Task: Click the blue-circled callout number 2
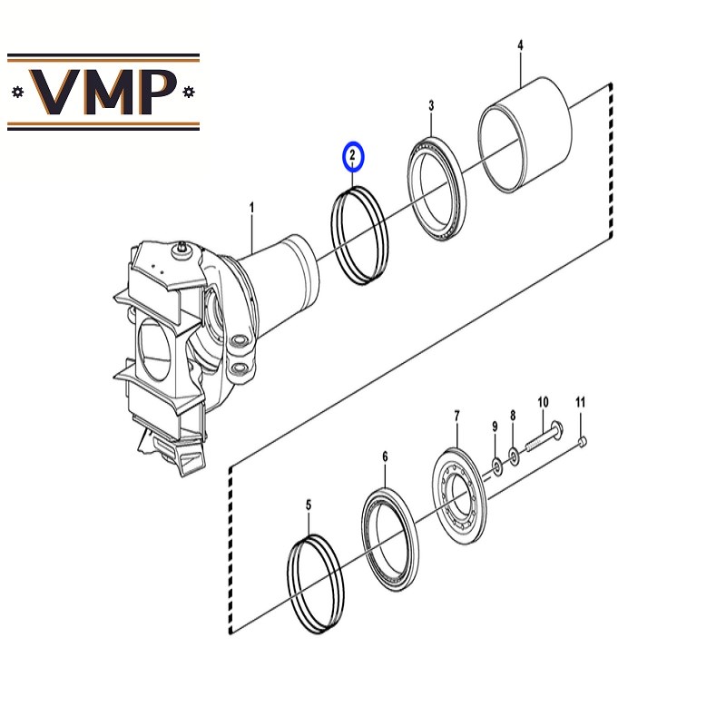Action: tap(353, 155)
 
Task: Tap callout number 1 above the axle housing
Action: tap(252, 208)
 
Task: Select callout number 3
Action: tap(432, 105)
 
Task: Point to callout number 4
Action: tap(520, 45)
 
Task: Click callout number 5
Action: tap(309, 505)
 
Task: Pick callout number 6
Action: tap(385, 457)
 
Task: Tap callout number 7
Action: tap(457, 417)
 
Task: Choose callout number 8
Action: tap(513, 416)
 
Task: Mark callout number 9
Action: tap(495, 427)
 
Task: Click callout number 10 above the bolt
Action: tap(543, 402)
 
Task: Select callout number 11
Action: tap(580, 402)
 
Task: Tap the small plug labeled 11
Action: tap(583, 441)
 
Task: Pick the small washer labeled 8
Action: tap(514, 456)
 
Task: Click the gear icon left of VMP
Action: tap(17, 92)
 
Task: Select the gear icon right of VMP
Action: tap(189, 92)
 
